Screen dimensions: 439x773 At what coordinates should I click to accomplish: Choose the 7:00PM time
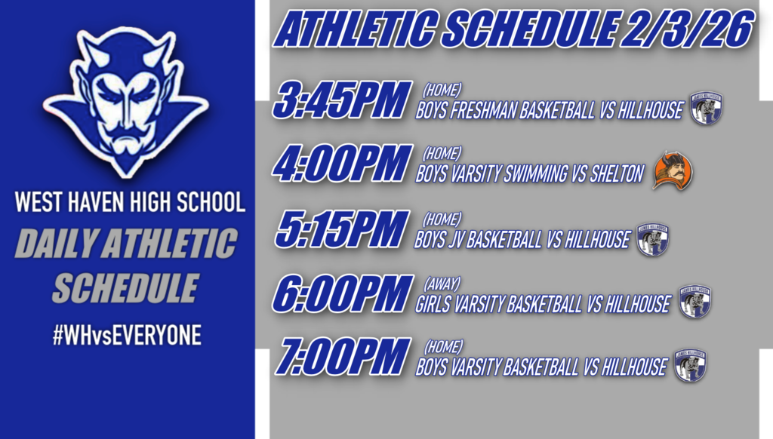tap(342, 358)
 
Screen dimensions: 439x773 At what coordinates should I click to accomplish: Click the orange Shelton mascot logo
tap(673, 170)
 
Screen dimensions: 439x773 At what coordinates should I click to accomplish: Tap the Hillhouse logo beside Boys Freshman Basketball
tap(707, 109)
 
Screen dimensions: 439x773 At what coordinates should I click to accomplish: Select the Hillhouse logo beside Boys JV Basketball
tap(653, 239)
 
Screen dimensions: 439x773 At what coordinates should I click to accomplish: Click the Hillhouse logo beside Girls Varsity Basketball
tap(694, 302)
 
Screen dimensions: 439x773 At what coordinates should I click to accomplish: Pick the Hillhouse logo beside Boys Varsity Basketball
tap(691, 366)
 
